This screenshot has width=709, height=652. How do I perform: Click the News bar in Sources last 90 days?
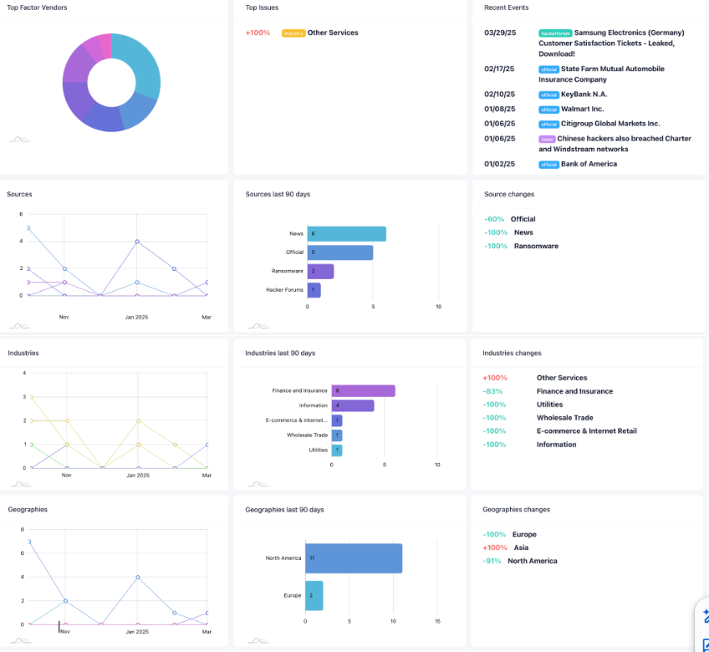tap(346, 234)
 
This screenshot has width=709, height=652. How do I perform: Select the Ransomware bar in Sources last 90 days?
tap(320, 272)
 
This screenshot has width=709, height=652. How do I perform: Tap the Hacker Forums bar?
tap(314, 290)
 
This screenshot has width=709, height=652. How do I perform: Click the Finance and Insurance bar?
tap(363, 390)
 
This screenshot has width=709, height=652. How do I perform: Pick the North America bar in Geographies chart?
tap(354, 558)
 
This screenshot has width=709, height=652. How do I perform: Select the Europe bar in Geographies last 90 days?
tap(314, 595)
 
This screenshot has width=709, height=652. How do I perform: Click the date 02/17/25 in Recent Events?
tap(500, 69)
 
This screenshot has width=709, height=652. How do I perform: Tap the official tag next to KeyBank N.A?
tap(548, 95)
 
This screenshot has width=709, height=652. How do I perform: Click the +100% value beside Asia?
tap(494, 548)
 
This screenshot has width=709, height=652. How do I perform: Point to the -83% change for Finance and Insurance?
tap(492, 391)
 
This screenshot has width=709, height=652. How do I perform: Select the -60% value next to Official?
tap(493, 219)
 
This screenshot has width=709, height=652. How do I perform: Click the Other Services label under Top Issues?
tap(333, 33)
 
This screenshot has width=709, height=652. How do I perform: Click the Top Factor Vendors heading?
tap(38, 8)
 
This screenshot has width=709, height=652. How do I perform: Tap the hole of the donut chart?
tap(111, 82)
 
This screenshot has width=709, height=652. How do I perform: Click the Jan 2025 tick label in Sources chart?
tap(136, 318)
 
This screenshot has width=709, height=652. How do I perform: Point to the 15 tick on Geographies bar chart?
tap(437, 621)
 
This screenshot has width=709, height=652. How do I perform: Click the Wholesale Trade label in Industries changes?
tap(564, 418)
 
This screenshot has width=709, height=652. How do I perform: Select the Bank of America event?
tap(589, 164)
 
